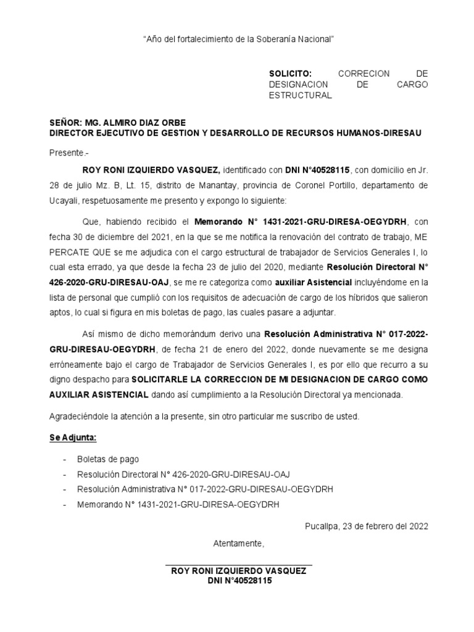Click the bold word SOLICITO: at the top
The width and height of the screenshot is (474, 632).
pos(287,73)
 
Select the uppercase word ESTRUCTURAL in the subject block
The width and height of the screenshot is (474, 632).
pos(301,96)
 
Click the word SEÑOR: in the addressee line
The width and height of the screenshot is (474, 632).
pos(65,122)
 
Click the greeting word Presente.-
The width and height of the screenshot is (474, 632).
pos(69,152)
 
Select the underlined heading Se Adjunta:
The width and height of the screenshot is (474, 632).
pos(72,438)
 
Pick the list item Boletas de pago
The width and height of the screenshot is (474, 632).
pos(108,459)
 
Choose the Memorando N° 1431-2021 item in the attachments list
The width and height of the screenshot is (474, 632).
pos(178,504)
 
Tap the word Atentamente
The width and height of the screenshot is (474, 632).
pos(238,544)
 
